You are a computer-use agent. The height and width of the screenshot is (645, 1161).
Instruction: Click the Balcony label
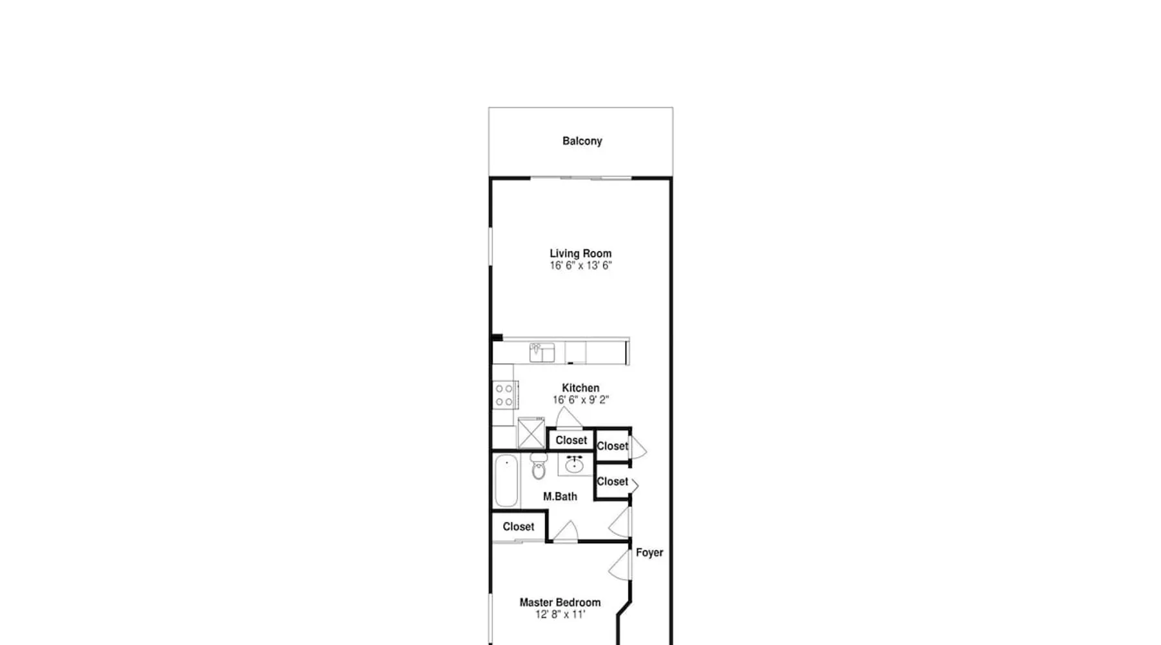click(582, 141)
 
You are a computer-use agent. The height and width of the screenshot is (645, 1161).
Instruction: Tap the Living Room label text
click(580, 253)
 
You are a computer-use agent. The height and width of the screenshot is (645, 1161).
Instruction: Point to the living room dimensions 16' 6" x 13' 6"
click(580, 266)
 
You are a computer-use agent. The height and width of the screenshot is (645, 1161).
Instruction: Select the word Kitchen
click(580, 388)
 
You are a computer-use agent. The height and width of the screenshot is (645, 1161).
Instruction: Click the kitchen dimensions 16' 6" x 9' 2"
click(580, 400)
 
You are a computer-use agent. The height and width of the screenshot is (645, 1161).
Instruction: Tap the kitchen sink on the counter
click(542, 353)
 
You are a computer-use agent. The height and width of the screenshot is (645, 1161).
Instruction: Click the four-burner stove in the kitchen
click(504, 395)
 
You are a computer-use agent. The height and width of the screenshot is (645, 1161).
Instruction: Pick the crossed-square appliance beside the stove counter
click(531, 433)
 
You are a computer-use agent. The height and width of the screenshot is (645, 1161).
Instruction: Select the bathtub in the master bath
click(506, 481)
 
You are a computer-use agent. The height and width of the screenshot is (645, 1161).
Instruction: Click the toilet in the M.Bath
click(539, 466)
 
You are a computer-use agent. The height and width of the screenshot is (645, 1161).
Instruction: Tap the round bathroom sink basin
click(575, 464)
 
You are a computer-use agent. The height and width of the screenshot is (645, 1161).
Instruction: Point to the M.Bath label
click(560, 497)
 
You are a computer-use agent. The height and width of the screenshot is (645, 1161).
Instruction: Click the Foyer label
click(650, 553)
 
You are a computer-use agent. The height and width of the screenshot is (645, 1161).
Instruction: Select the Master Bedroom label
click(560, 602)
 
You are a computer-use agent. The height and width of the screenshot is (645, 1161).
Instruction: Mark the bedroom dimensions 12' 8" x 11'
click(560, 615)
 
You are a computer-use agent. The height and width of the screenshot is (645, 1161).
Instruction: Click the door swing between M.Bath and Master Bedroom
click(566, 531)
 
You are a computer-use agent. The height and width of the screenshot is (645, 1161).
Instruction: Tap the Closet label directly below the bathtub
click(519, 527)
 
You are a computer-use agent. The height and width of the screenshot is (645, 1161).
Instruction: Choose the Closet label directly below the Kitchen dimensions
click(571, 441)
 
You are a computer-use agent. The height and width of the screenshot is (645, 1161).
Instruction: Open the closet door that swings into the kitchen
click(569, 417)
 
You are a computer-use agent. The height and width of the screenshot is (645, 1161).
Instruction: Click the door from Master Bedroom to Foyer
click(620, 565)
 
